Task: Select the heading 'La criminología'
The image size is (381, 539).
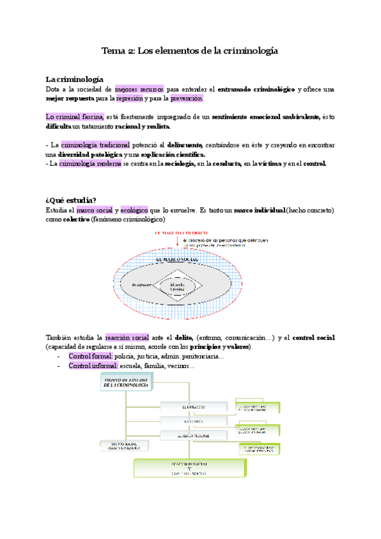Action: click(x=74, y=79)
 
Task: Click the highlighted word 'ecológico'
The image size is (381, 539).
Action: click(x=133, y=210)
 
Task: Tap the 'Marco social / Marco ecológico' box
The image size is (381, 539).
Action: click(x=124, y=446)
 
